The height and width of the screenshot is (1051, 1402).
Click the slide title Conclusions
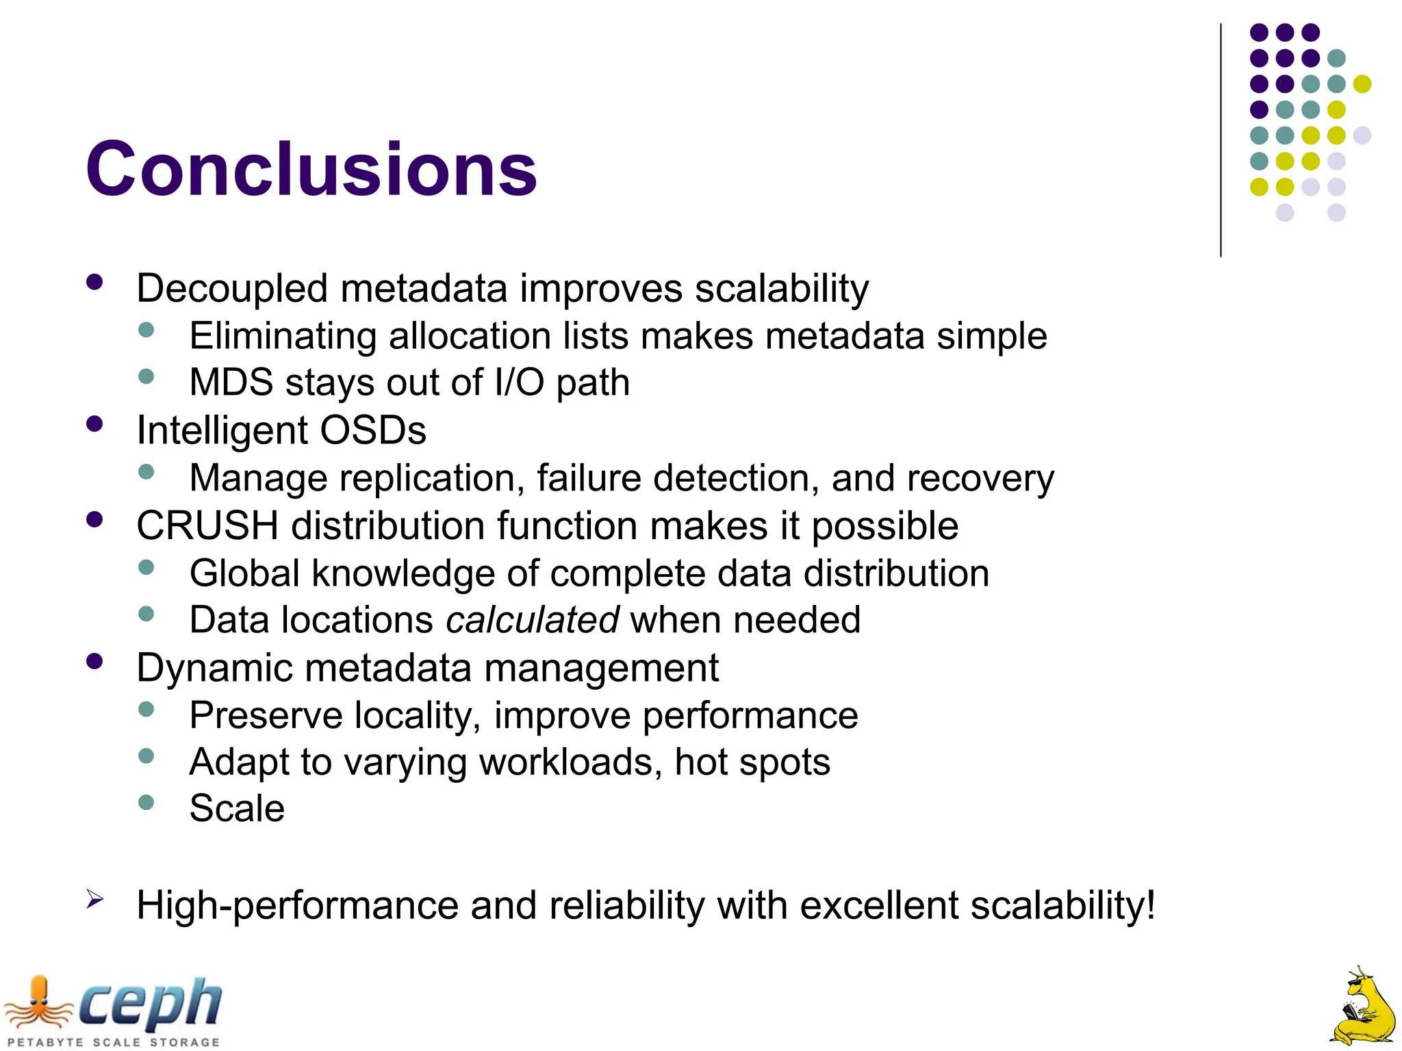coord(311,169)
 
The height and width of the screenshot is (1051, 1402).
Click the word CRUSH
coord(207,526)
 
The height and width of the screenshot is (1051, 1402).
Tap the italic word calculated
coord(533,620)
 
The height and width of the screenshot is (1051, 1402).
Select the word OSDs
coord(373,430)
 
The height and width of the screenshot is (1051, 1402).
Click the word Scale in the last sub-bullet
coord(237,809)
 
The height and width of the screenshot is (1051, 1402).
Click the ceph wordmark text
coord(151,1004)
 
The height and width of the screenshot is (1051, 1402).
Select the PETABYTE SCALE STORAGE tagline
coord(114,1042)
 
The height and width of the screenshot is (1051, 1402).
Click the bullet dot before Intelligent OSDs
coord(94,424)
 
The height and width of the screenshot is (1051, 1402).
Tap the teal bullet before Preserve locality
coord(146,709)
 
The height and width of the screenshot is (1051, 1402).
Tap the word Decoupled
coord(232,289)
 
